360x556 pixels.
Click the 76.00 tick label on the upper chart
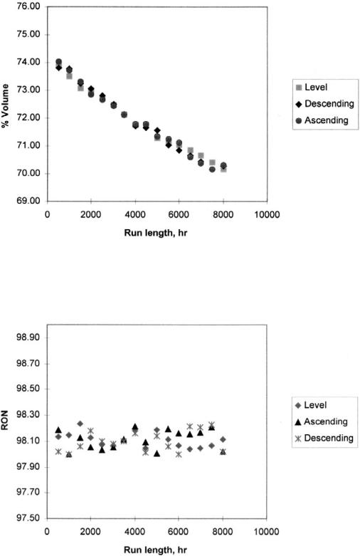[x=28, y=7]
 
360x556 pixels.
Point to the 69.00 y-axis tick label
[x=28, y=201]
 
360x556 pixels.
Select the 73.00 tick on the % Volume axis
[x=28, y=90]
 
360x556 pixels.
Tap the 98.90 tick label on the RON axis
[x=28, y=337]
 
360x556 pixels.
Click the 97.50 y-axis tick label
[x=28, y=518]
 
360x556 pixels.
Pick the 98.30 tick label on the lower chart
[x=28, y=415]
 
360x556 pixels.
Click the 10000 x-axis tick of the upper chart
[x=267, y=215]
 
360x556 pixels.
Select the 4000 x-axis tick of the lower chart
[x=134, y=532]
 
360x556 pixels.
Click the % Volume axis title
[x=5, y=105]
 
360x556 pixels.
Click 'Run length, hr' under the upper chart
[x=156, y=233]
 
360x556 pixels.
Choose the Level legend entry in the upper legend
[x=312, y=88]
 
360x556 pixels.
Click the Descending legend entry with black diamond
[x=324, y=103]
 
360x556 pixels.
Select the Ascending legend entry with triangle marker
[x=322, y=421]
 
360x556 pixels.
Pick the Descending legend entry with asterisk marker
[x=324, y=439]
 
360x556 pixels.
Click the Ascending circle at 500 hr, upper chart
[x=59, y=62]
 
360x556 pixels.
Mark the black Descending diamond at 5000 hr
[x=157, y=130]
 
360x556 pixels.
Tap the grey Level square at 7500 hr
[x=212, y=163]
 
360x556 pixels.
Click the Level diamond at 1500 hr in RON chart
[x=80, y=424]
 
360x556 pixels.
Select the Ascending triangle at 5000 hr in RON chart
[x=157, y=453]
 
